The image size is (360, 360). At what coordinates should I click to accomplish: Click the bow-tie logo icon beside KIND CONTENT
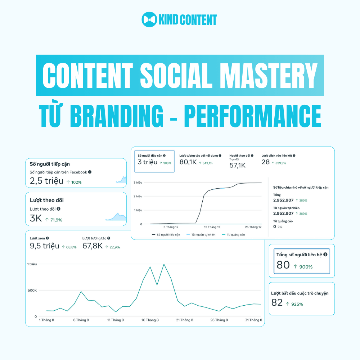pos(149,19)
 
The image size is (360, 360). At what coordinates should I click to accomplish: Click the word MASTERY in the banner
pos(269,75)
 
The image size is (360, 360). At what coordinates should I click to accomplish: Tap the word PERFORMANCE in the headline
pos(253,116)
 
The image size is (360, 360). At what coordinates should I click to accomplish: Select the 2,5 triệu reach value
pos(46,181)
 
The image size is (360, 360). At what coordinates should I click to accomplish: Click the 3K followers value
pos(36,219)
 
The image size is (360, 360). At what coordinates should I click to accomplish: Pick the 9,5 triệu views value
pos(45,246)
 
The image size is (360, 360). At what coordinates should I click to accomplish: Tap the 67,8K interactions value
pos(92,246)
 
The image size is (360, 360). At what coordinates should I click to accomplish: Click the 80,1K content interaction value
pos(188,162)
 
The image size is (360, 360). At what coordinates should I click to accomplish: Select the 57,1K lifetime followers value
pos(237,165)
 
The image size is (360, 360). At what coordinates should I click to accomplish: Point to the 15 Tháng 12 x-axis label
pos(212,227)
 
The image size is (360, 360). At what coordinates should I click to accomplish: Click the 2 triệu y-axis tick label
pos(138,196)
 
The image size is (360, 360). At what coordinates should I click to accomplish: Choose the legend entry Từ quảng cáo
pos(234,235)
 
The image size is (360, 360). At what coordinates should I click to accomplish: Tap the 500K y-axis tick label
pos(32,291)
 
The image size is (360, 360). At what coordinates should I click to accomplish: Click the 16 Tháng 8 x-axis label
pos(150,320)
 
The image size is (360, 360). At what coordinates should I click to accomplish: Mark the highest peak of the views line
pos(164,264)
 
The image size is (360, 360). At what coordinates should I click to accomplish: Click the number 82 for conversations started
pos(277,303)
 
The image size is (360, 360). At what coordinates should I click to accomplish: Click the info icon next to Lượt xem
pos(47,238)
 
